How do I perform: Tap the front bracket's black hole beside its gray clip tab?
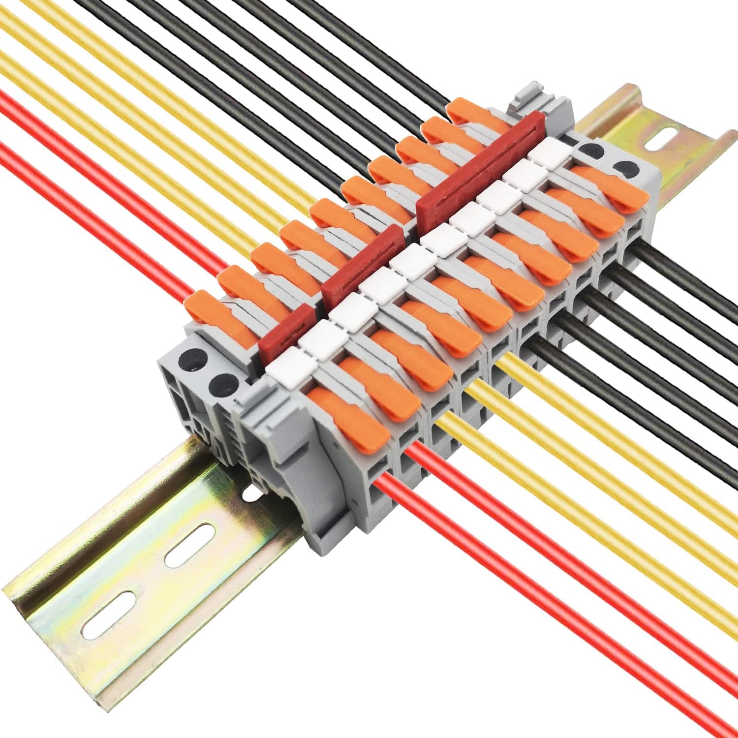[224, 383]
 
